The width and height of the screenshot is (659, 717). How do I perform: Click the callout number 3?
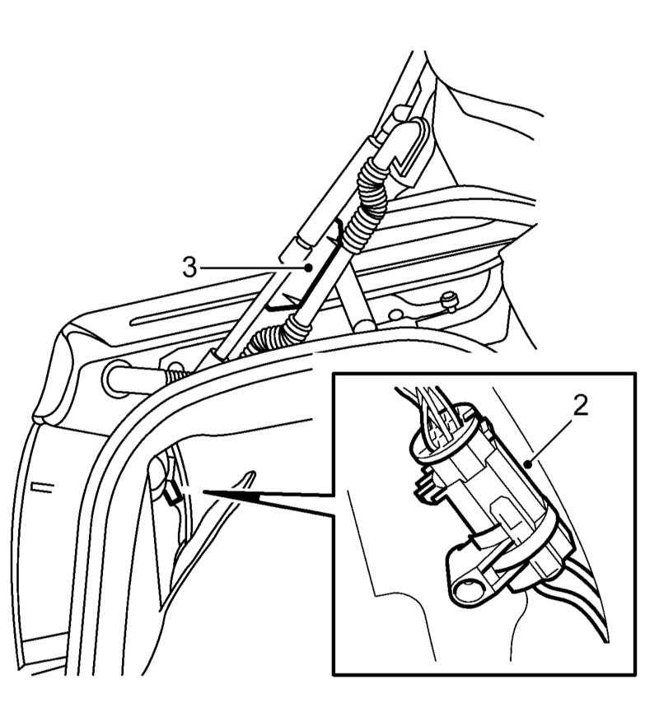click(189, 267)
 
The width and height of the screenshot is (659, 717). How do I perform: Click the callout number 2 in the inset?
click(581, 405)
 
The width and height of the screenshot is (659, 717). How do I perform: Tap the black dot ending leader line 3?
click(309, 267)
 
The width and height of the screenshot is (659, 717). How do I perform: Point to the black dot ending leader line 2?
click(528, 465)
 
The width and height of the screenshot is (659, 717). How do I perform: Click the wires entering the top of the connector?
click(435, 406)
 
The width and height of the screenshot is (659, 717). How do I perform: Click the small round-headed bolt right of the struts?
click(448, 302)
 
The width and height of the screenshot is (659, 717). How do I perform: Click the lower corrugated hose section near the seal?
click(270, 338)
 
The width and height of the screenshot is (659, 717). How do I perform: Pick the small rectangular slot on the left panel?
click(42, 487)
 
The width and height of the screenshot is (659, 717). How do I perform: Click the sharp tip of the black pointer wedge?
click(203, 492)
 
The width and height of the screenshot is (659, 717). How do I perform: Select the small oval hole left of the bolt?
click(394, 315)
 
